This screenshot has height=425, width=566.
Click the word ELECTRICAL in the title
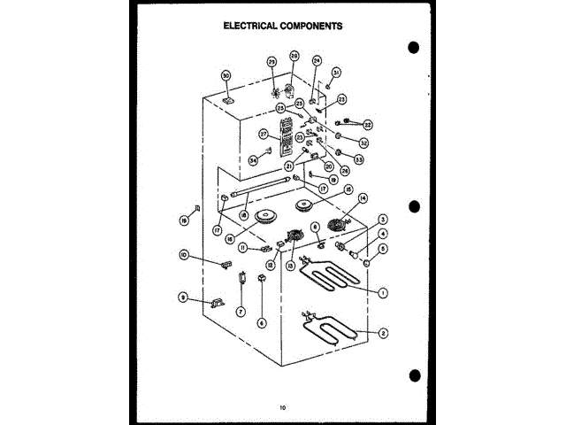[251, 27]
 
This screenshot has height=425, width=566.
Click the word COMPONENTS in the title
[310, 27]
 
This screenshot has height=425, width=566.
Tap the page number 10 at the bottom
[282, 408]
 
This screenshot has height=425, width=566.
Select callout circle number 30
[226, 76]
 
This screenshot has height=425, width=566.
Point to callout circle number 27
[264, 135]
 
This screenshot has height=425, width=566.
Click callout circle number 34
[253, 160]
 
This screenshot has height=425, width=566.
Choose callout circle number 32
[363, 143]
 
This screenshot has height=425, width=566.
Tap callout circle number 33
[359, 159]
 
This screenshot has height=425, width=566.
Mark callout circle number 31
[336, 72]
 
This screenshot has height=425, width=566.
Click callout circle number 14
[362, 199]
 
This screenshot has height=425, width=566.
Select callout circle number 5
[383, 250]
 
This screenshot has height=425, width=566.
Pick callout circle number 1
[383, 292]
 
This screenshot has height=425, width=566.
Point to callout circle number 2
[383, 333]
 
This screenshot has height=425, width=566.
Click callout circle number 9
[183, 297]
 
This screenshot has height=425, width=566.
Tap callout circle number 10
[184, 255]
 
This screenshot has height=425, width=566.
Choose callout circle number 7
[239, 312]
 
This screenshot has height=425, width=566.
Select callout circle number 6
[262, 323]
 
